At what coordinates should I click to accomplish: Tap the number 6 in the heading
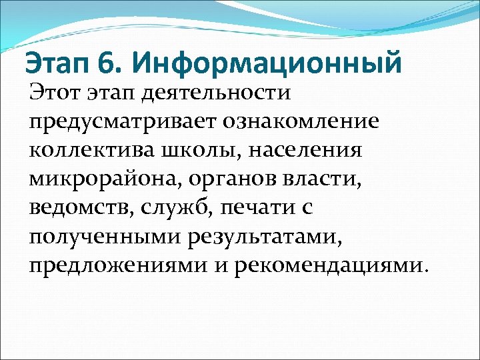[x=106, y=64]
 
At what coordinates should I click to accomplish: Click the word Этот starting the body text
[x=55, y=92]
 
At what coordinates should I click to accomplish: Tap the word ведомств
[x=79, y=207]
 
